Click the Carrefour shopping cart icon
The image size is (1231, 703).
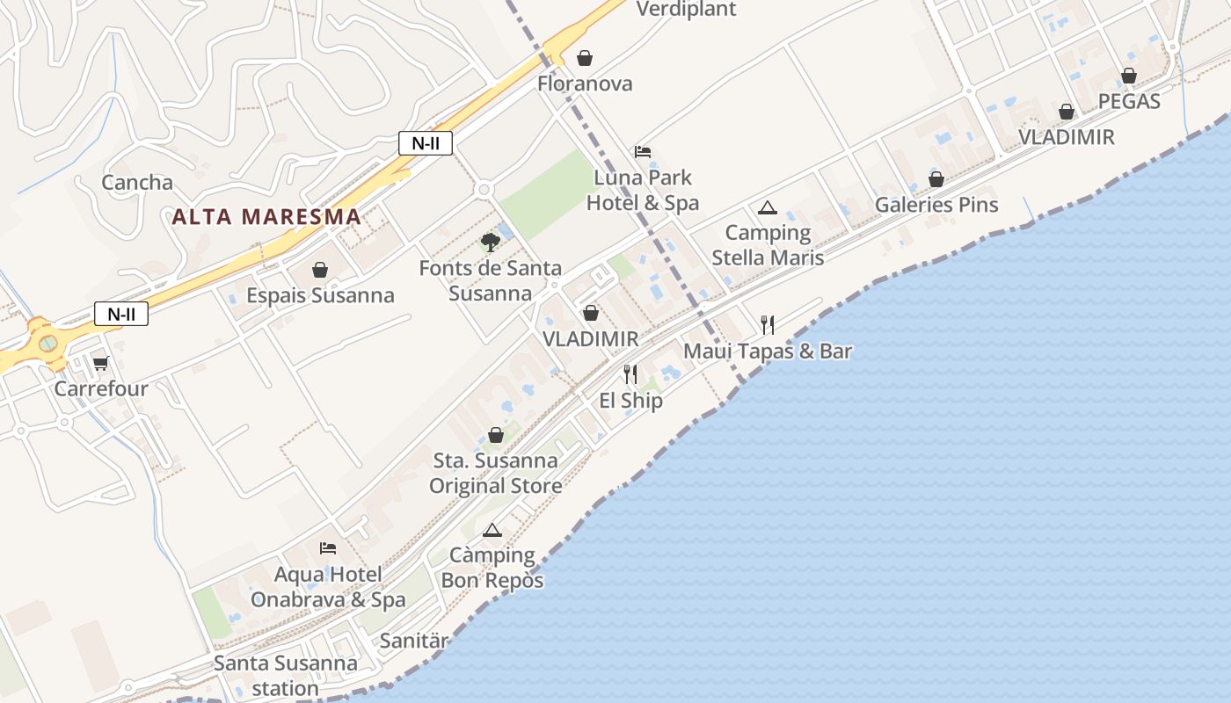(100, 363)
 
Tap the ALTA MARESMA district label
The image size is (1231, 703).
(266, 216)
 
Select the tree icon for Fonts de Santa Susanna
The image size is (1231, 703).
(490, 243)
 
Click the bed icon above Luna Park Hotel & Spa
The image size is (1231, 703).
(643, 152)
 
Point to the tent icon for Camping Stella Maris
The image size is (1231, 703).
(768, 208)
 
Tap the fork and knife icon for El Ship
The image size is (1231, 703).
(630, 375)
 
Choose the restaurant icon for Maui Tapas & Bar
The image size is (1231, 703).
(768, 325)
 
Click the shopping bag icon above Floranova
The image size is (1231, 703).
(585, 58)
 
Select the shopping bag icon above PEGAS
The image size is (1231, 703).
(1129, 76)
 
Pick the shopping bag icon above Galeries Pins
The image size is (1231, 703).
(936, 179)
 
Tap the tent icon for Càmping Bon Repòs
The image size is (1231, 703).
(492, 530)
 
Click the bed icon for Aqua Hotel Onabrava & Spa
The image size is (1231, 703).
(328, 548)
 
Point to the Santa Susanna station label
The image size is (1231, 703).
(285, 675)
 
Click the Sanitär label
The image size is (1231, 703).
(414, 641)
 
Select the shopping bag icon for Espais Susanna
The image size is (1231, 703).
(320, 270)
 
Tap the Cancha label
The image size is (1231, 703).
(137, 183)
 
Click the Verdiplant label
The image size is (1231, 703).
(686, 10)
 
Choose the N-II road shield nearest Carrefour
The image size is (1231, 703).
(121, 314)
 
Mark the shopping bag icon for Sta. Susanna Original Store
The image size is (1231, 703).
(496, 435)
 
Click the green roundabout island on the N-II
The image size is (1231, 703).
(48, 343)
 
